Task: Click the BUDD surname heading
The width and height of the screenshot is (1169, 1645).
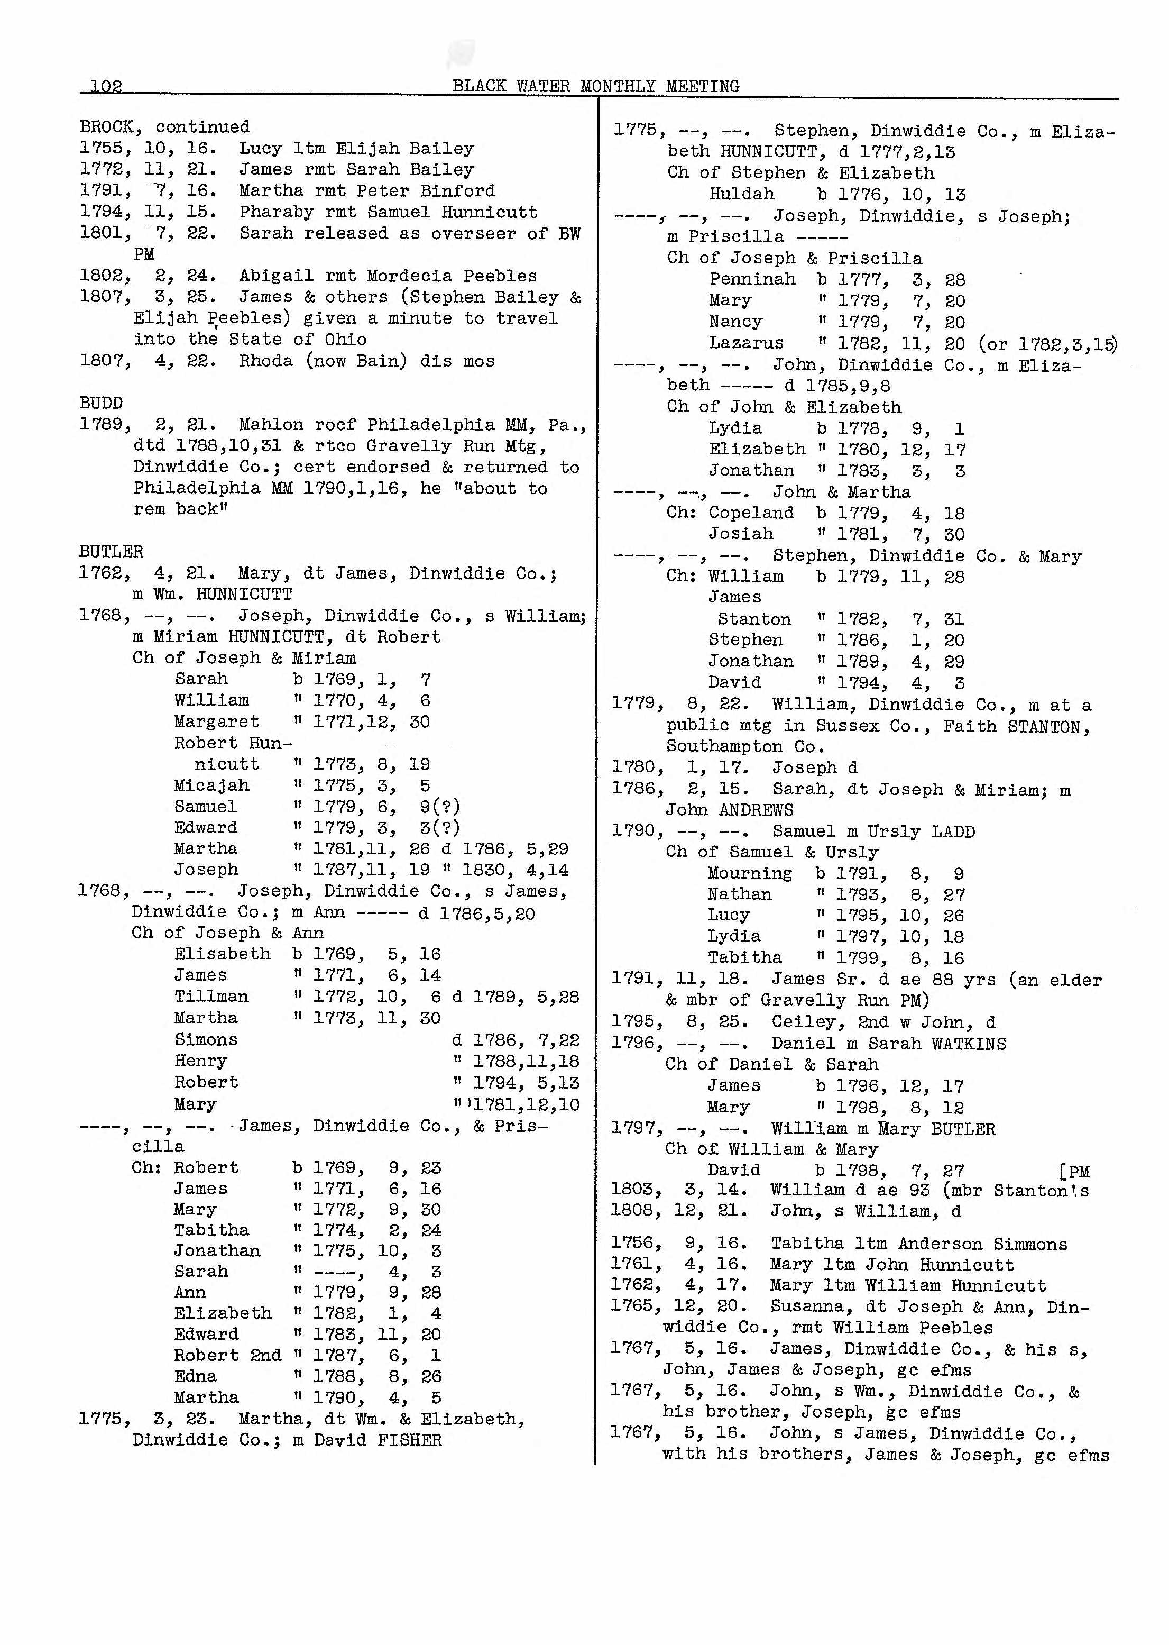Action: [101, 403]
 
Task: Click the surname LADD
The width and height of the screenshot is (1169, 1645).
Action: [953, 831]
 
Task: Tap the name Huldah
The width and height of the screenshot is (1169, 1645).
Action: [741, 194]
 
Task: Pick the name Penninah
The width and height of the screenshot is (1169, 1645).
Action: [752, 279]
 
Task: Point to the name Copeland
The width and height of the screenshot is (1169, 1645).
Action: [751, 513]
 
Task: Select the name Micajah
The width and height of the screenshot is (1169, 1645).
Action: [211, 785]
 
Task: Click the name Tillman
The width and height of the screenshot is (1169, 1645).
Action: [211, 997]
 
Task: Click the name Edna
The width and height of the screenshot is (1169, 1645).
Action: [195, 1376]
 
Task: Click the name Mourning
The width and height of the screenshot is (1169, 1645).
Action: [749, 874]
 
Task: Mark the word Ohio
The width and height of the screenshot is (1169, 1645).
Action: [345, 340]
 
